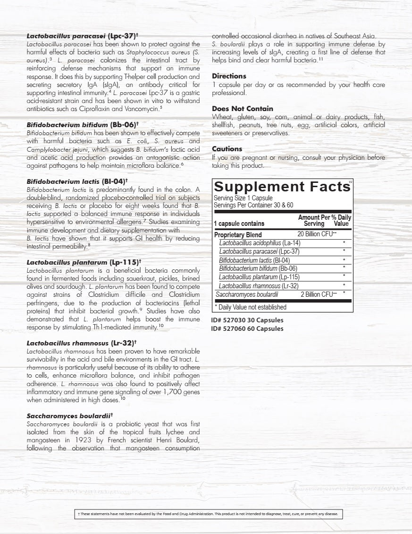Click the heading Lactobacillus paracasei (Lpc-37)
(x=82, y=35)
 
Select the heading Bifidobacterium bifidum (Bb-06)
(x=83, y=125)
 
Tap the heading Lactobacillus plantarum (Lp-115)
(x=84, y=261)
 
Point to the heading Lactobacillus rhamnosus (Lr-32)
(x=82, y=343)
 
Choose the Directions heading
(x=229, y=76)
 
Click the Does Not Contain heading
(x=243, y=109)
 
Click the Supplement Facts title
(x=282, y=187)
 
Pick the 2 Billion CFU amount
(x=319, y=294)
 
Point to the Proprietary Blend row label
(x=238, y=234)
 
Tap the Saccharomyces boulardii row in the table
(x=247, y=294)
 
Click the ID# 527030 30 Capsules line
(x=247, y=320)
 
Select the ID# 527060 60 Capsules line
(x=247, y=328)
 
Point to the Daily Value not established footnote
(x=251, y=307)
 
